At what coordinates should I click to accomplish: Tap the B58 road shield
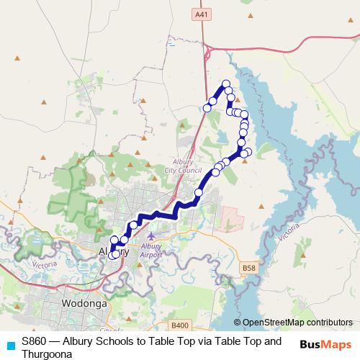pos(249,269)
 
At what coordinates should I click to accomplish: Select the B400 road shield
pos(181,325)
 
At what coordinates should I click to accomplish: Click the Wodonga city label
pos(85,304)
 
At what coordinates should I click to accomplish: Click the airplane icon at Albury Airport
pos(150,235)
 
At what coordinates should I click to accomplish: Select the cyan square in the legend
pos(10,343)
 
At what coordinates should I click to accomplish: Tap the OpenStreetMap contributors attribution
pos(297,322)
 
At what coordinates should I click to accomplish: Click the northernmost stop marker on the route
pos(226,84)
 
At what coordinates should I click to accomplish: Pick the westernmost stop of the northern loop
pos(207,108)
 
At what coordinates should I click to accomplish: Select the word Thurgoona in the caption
pos(48,354)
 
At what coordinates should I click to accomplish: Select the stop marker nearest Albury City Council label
pos(215,172)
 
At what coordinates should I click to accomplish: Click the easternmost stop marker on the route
pos(248,151)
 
